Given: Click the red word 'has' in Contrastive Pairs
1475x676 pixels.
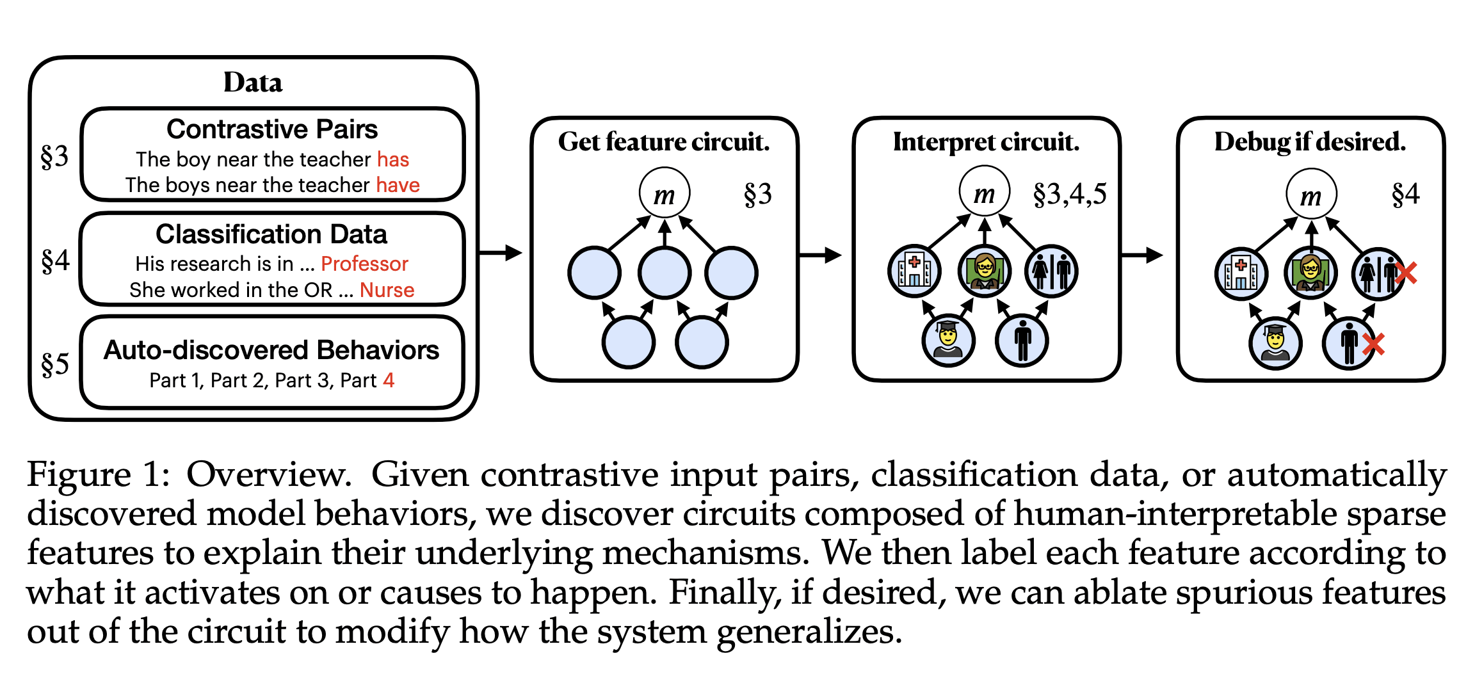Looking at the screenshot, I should [392, 159].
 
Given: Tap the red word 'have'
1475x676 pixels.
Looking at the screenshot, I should [398, 185].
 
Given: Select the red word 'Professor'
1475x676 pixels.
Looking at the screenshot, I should [364, 264].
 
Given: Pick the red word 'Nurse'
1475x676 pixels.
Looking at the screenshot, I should [387, 290].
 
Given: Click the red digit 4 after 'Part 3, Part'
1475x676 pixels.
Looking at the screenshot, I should [389, 380].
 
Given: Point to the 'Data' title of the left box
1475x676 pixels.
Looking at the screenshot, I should [253, 83].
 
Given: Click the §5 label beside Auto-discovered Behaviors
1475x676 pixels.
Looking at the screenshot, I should [54, 364].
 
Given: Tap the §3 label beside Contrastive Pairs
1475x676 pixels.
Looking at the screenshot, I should [54, 156].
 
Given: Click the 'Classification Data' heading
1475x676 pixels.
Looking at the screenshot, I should [271, 234].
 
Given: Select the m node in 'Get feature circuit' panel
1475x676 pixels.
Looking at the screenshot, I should [665, 193].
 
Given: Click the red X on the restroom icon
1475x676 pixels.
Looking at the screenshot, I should [1405, 273].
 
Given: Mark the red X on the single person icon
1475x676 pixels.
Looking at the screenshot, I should [1373, 344].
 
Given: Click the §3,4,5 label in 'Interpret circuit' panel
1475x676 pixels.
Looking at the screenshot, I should [1070, 194].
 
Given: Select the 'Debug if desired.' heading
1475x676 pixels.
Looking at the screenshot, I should [1310, 141].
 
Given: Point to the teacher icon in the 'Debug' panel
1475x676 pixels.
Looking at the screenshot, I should [1310, 272].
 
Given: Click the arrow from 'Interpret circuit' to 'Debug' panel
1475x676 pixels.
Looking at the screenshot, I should [1142, 255].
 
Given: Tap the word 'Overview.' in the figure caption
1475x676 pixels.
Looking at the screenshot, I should [269, 475].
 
